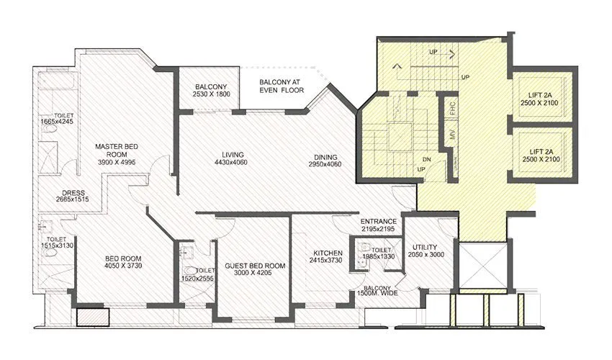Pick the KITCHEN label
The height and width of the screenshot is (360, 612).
coord(327,253)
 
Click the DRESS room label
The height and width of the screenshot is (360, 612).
coord(73,193)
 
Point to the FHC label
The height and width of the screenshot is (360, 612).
coord(452,107)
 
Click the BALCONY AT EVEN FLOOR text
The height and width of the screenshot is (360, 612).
coord(282,86)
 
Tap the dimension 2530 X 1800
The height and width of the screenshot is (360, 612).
coord(212,94)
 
